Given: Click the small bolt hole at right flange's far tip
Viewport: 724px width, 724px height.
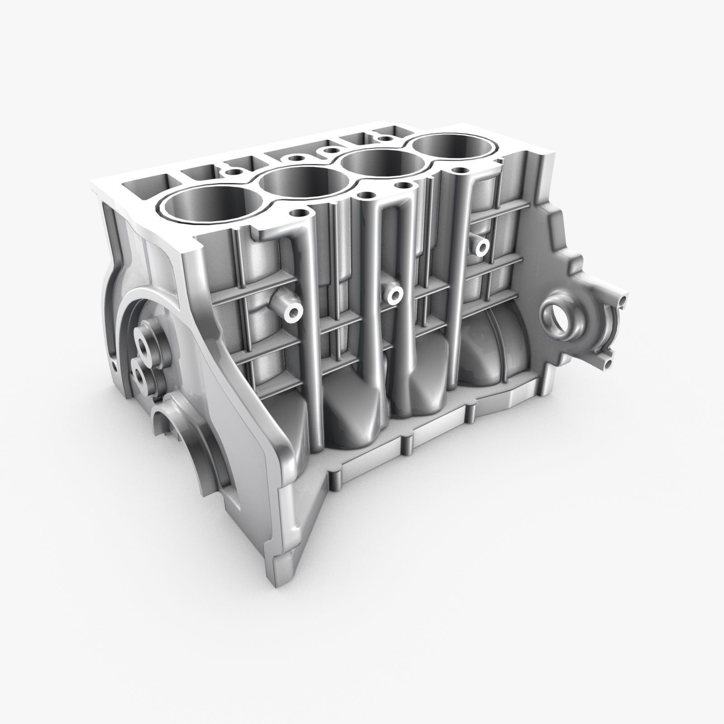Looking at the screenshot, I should click(x=625, y=300).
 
